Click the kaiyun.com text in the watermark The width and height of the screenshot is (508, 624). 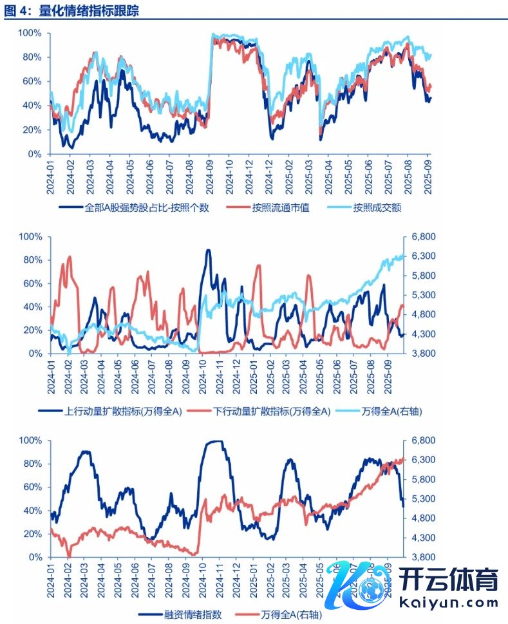449,603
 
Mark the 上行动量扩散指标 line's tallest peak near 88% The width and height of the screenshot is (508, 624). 208,251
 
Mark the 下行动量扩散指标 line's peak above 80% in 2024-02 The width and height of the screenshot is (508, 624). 69,257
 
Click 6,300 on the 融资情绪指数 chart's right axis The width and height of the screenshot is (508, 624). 421,460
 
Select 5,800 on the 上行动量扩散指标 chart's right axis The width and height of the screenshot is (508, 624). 421,276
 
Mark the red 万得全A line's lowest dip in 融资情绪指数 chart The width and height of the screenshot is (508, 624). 69,556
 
